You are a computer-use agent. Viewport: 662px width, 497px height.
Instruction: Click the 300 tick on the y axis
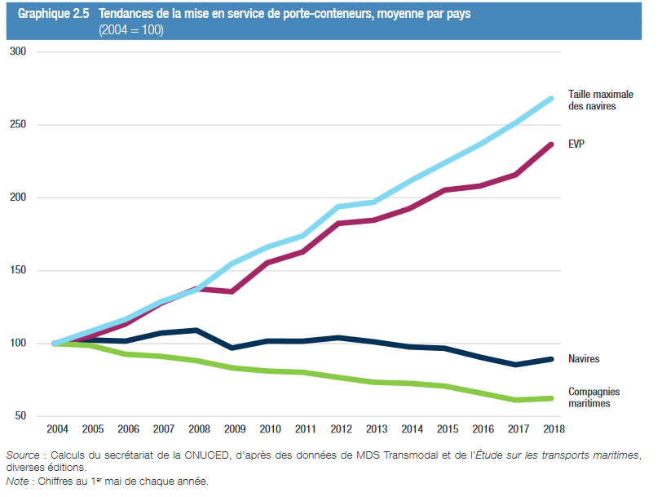18,52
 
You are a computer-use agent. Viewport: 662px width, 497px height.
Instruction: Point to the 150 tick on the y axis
18,271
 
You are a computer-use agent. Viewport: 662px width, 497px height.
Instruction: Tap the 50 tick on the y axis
20,416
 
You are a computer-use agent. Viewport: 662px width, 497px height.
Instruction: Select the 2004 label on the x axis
57,429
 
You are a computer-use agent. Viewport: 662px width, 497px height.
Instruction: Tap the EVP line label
577,144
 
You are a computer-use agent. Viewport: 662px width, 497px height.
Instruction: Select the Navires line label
585,359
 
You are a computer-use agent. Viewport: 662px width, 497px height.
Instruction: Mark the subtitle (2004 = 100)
131,29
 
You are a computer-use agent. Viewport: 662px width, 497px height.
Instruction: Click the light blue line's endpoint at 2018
551,99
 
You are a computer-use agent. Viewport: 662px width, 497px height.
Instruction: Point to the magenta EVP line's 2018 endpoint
551,144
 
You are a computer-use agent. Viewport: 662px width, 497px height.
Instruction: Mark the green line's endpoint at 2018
551,398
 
